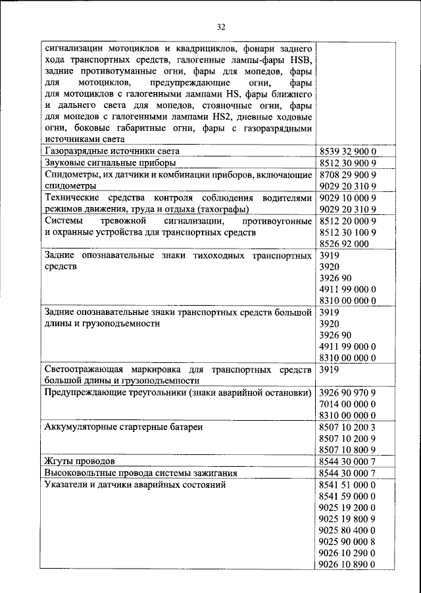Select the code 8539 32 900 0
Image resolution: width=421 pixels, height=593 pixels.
[347, 152]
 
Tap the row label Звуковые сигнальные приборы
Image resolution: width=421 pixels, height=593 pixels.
[109, 163]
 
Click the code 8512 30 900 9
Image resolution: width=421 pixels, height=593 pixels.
[347, 163]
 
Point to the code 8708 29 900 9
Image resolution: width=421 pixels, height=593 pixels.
[347, 175]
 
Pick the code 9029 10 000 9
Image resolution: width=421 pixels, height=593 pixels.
[347, 198]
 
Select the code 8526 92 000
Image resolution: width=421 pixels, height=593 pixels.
[343, 243]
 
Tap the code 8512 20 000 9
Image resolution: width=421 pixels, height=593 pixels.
[347, 221]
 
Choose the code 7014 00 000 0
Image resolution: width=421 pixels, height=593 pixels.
[347, 404]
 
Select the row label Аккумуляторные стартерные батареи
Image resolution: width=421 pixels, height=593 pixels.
[123, 427]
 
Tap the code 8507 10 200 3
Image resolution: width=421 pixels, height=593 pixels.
[347, 427]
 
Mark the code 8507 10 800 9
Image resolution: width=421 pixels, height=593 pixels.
[347, 450]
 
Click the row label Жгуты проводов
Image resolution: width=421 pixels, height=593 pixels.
[80, 462]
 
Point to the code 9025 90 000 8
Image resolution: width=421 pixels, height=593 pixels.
[347, 541]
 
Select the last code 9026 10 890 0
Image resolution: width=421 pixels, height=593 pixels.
[347, 564]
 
